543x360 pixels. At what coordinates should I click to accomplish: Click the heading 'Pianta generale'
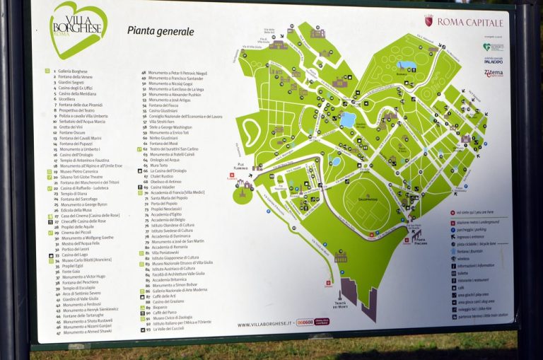click(160, 31)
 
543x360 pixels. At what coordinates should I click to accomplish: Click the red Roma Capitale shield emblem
click(428, 21)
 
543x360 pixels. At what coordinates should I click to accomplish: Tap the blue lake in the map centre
click(347, 120)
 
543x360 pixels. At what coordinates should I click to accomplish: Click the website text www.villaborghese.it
click(265, 325)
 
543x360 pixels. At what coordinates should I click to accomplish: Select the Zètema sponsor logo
click(494, 73)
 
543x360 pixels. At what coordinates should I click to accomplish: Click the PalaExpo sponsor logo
click(494, 60)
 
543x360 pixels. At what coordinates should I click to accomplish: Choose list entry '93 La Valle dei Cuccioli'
click(167, 328)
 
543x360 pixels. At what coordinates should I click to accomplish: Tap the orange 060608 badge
click(305, 323)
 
